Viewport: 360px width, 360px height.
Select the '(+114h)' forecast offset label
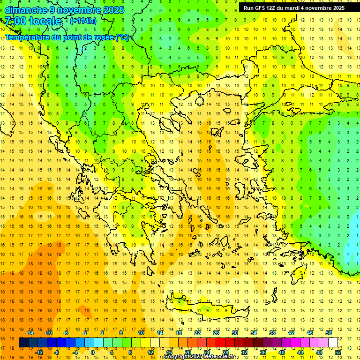[83, 21]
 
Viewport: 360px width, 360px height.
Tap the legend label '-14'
[30, 333]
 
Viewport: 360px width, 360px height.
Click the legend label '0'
[92, 352]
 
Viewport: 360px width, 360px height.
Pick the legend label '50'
[329, 333]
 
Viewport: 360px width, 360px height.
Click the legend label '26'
[216, 333]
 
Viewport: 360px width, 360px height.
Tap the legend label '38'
[272, 333]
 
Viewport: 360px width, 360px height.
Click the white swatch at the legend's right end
[333, 343]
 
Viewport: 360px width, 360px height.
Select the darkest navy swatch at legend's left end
[23, 343]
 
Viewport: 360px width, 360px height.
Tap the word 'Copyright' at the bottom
[178, 357]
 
